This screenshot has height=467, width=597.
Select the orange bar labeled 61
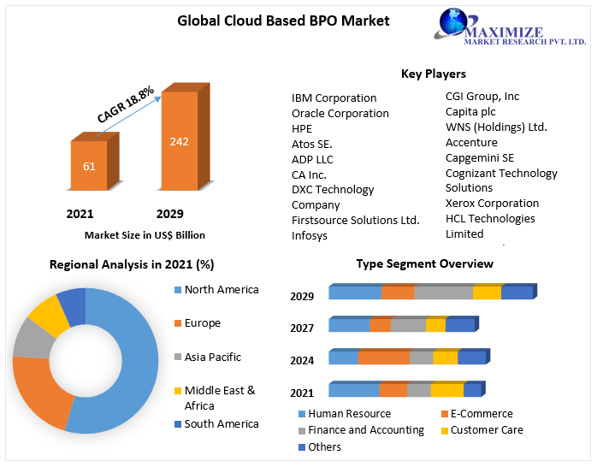(x=89, y=166)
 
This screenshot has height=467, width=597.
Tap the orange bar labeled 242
(x=179, y=142)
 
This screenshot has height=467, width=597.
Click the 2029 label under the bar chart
(x=169, y=213)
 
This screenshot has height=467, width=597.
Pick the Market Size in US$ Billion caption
(x=145, y=234)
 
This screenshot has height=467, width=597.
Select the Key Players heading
(x=433, y=74)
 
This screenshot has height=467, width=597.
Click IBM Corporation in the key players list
(x=334, y=98)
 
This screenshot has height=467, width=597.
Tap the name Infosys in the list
(x=310, y=235)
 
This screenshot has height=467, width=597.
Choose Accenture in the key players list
(x=471, y=142)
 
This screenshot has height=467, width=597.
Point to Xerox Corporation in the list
(x=492, y=203)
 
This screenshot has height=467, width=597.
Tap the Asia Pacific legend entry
(x=212, y=357)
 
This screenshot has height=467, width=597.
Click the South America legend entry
(x=221, y=423)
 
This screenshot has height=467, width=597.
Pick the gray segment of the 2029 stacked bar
(x=443, y=293)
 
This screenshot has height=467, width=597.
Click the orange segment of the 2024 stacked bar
(x=383, y=358)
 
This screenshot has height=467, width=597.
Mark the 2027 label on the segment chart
(x=302, y=328)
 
